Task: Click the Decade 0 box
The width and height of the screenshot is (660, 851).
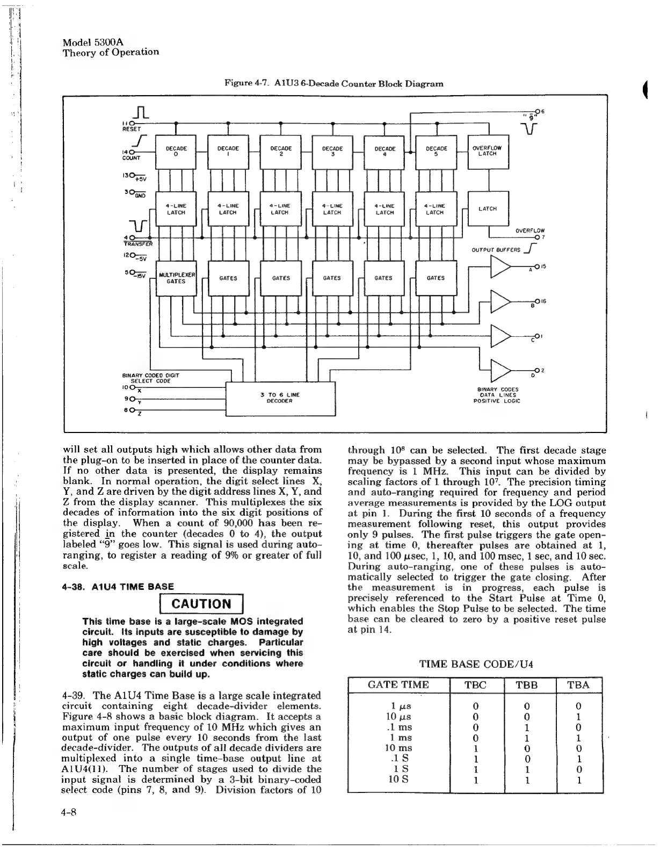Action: point(176,150)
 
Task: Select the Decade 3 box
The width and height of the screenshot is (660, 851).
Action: point(332,150)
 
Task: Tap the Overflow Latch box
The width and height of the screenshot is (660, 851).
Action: point(488,150)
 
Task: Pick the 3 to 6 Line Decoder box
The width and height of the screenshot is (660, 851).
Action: point(280,398)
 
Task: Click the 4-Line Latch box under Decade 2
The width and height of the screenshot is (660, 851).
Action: point(280,208)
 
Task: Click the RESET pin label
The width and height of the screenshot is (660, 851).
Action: point(131,129)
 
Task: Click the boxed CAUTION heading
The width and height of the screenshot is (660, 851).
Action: point(201,603)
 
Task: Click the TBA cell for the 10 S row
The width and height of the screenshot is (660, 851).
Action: point(578,780)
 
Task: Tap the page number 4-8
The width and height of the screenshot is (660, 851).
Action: point(70,812)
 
